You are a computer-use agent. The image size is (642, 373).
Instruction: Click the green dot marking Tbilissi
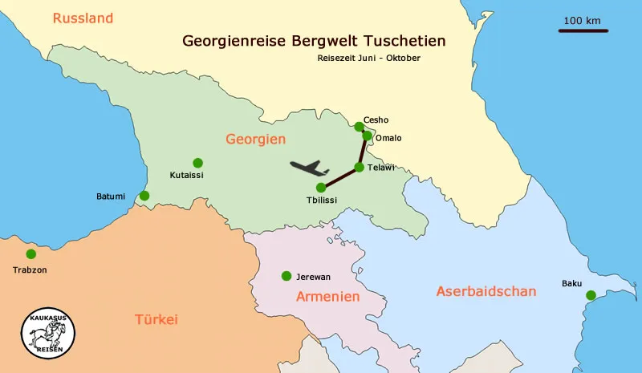click(321, 187)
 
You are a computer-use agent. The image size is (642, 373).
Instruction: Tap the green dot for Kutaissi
click(197, 162)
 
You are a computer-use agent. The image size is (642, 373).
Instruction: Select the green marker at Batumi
click(144, 196)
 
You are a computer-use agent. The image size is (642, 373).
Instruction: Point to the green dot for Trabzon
click(31, 254)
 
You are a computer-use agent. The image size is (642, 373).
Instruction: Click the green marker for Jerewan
click(286, 276)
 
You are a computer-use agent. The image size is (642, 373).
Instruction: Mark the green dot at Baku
click(591, 295)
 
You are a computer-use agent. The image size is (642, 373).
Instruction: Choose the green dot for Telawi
click(360, 167)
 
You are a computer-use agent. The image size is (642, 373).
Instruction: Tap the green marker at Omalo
click(368, 136)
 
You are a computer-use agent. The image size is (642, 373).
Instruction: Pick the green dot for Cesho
click(359, 126)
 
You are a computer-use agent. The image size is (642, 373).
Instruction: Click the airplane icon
click(309, 168)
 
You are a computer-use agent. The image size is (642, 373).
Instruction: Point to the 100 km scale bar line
click(583, 31)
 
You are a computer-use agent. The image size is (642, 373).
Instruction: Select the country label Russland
click(83, 18)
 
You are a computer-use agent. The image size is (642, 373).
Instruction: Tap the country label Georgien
click(255, 139)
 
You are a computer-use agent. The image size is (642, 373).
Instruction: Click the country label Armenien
click(327, 296)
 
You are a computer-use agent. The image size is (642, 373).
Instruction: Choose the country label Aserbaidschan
click(486, 291)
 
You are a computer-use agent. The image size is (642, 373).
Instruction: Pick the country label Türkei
click(155, 319)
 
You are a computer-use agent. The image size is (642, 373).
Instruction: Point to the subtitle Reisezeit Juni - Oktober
click(368, 59)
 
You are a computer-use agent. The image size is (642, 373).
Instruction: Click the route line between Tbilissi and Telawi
click(340, 177)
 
